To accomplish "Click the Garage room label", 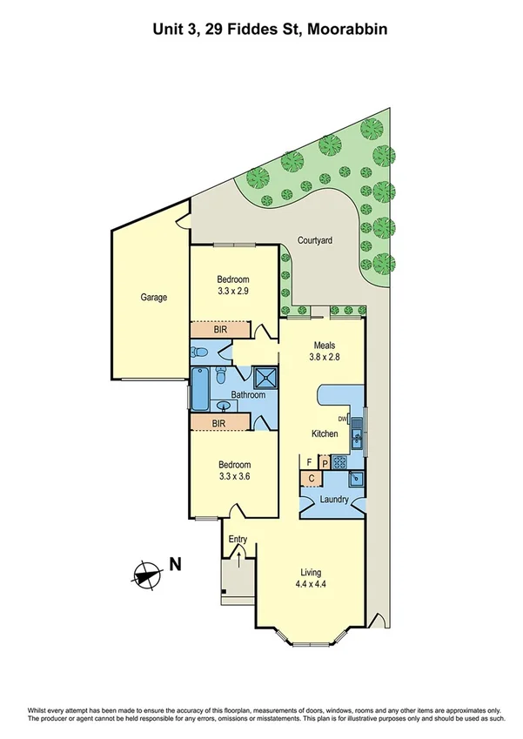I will (154, 298).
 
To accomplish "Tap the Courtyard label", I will (315, 239).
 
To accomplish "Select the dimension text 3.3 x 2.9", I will (233, 292).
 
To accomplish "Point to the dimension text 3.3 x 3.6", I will (233, 477).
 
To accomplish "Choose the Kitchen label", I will (325, 433).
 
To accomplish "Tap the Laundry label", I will (334, 500).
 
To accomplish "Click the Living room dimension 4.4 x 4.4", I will (311, 585).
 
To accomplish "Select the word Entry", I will (238, 540).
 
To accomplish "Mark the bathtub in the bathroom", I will (200, 390).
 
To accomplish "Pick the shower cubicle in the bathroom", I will (265, 376).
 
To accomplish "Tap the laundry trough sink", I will (356, 479).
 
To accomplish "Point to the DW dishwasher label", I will (343, 420).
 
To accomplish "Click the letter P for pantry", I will (325, 463).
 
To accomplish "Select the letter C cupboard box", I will (309, 478).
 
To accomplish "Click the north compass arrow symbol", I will (147, 573).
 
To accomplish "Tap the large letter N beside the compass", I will (175, 563).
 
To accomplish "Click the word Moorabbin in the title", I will (344, 29).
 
